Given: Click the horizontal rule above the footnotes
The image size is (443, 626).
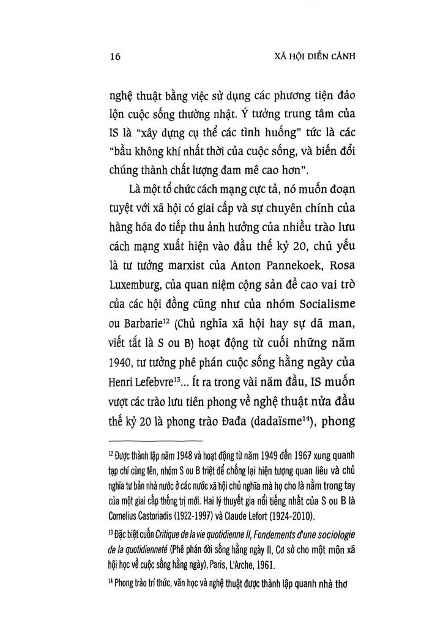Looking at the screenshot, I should [x=155, y=441].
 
